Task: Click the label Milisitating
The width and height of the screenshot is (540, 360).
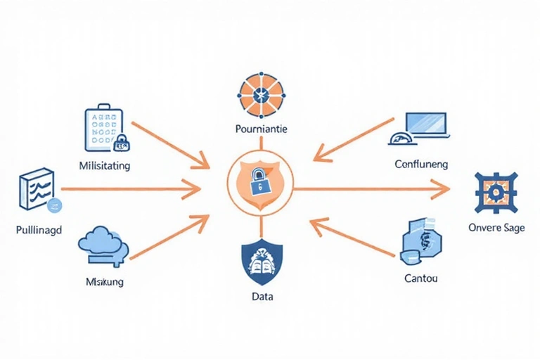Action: [x=106, y=167]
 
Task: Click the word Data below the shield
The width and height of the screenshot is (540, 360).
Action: [x=262, y=297]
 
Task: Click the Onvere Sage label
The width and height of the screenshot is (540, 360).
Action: [x=496, y=229]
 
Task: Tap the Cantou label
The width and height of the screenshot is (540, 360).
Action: [x=421, y=278]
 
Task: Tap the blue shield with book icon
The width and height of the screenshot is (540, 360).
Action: [x=261, y=263]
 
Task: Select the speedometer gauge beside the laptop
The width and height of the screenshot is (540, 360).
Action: [x=398, y=138]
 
